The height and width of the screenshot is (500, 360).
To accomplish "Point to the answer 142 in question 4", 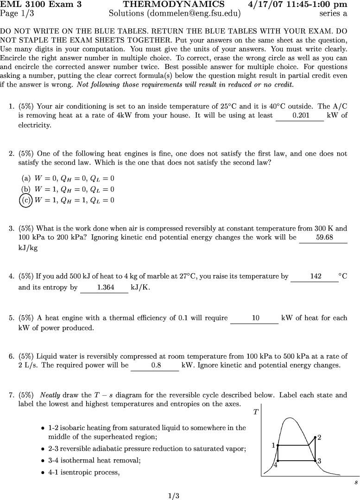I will click(316, 276).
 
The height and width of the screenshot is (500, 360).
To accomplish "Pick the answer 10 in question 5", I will click(255, 318).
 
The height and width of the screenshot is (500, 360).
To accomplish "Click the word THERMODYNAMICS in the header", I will click(174, 5).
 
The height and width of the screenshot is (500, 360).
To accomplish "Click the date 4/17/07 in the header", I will click(268, 5).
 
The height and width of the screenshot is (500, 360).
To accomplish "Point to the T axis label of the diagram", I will click(256, 412).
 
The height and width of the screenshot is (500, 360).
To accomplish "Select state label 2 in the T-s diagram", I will click(319, 437).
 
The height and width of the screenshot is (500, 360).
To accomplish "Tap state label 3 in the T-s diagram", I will click(319, 461).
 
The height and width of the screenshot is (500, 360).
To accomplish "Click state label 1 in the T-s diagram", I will click(274, 445).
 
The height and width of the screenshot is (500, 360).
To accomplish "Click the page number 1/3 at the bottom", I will click(174, 496).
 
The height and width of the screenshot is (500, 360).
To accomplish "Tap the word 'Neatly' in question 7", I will click(50, 395).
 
